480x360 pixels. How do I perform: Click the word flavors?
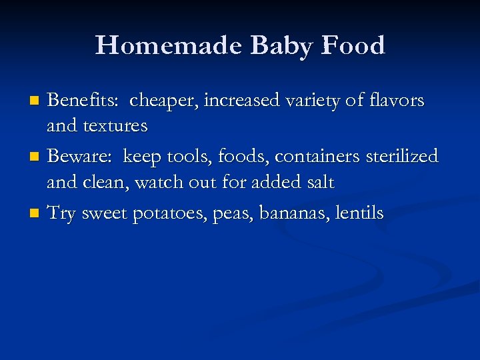coord(395,100)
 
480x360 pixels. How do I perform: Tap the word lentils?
coord(360,213)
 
